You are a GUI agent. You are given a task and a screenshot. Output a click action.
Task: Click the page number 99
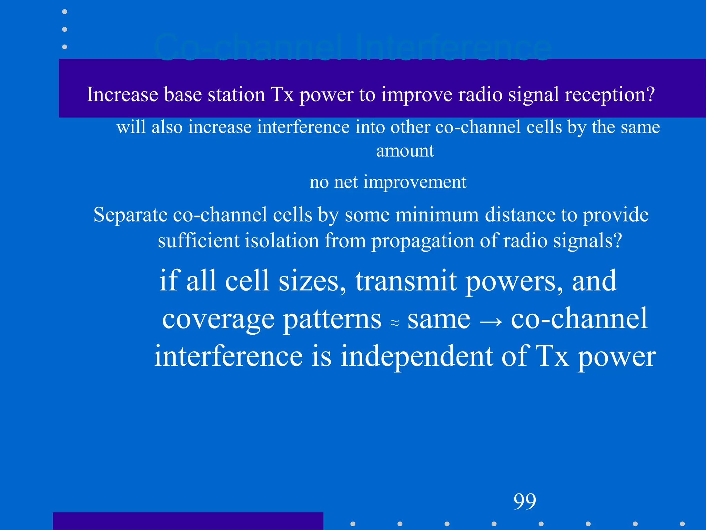click(525, 501)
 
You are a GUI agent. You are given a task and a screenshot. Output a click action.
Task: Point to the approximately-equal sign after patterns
click(395, 323)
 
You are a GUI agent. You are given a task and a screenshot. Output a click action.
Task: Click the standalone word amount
click(405, 151)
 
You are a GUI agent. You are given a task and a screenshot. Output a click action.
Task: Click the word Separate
click(130, 215)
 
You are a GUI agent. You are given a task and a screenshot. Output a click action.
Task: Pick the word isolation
click(282, 241)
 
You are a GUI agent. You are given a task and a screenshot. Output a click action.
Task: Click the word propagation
click(423, 241)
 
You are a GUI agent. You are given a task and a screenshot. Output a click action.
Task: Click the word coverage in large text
click(218, 319)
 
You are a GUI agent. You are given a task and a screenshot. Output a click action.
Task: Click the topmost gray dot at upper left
click(64, 12)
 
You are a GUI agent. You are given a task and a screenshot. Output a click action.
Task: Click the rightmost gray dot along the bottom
click(682, 524)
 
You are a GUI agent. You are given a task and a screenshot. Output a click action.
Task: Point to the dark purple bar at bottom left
click(188, 521)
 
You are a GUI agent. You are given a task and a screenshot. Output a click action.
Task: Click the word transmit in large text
click(406, 281)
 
